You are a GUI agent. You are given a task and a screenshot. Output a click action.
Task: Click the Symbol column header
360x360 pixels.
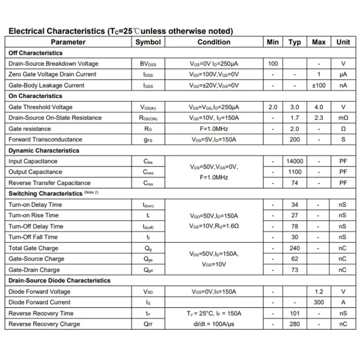pos(148,42)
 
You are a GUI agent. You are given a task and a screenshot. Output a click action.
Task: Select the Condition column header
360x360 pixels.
pos(214,42)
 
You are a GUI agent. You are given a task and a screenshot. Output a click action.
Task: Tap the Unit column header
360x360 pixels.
pos(343,42)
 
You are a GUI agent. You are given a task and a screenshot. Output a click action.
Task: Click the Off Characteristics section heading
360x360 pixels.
pos(36,53)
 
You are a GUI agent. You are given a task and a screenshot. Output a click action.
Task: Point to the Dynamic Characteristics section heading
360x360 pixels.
pos(44,150)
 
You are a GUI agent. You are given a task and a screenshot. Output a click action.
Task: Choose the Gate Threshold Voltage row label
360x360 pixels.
pos(40,107)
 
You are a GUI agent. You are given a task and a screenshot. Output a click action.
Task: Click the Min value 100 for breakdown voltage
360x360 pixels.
pos(273,63)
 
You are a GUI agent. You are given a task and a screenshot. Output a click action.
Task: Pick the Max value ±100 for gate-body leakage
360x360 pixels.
pos(319,85)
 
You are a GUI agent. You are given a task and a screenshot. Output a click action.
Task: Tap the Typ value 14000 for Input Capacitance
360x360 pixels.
pos(295,161)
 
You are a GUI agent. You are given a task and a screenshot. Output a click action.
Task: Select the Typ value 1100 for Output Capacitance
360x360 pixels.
pos(295,172)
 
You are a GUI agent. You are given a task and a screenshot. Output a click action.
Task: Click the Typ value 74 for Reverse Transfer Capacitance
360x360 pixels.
pos(295,183)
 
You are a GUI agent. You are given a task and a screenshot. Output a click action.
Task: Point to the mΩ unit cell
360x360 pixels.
pos(343,118)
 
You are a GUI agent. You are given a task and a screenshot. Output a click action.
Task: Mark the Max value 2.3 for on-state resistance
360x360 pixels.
pos(319,118)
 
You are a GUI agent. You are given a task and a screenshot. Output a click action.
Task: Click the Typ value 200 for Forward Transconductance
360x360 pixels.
pos(295,139)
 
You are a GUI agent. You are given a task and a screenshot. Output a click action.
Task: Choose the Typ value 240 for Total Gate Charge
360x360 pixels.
pos(295,248)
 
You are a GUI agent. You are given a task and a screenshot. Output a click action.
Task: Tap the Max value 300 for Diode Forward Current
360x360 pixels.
pos(319,302)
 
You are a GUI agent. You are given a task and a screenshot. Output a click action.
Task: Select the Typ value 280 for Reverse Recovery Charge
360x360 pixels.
pos(295,324)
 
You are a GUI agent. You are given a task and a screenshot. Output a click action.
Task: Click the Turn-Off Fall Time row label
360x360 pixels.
pos(33,237)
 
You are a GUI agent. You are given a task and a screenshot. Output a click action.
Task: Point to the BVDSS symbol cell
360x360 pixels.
pos(148,64)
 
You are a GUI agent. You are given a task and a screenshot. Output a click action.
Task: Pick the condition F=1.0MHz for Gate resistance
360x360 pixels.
pos(214,129)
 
